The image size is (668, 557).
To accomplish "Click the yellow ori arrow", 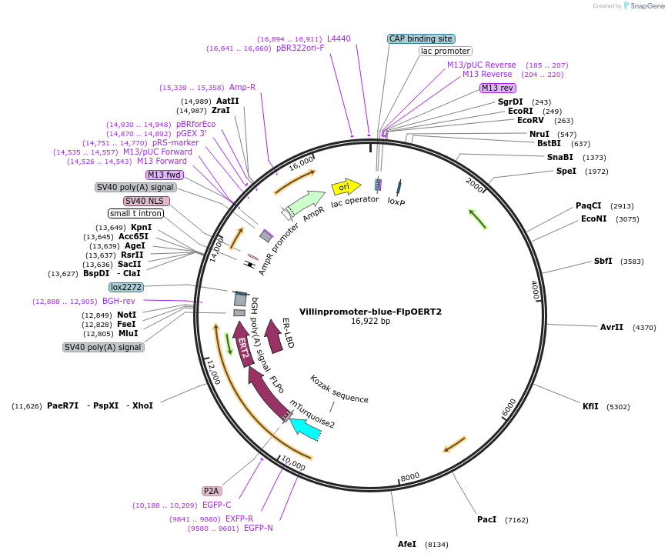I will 346,187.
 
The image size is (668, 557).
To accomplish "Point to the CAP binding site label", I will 421,38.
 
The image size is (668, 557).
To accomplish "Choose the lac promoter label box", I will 446,52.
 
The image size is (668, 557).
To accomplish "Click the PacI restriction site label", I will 486,520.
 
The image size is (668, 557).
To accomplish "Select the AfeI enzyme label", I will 407,544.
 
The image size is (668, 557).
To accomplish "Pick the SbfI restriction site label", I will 603,261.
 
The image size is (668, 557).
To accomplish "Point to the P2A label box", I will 212,491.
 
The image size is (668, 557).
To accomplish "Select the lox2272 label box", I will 126,287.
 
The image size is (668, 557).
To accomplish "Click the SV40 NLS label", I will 146,201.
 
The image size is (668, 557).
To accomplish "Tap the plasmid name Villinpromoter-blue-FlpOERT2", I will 370,312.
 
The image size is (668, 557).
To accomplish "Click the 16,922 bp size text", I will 370,322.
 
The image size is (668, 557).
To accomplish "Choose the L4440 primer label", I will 339,38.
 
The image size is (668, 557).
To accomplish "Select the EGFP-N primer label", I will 258,528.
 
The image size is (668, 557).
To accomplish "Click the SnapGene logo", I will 641,6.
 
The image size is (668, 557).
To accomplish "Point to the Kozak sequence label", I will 339,389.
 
